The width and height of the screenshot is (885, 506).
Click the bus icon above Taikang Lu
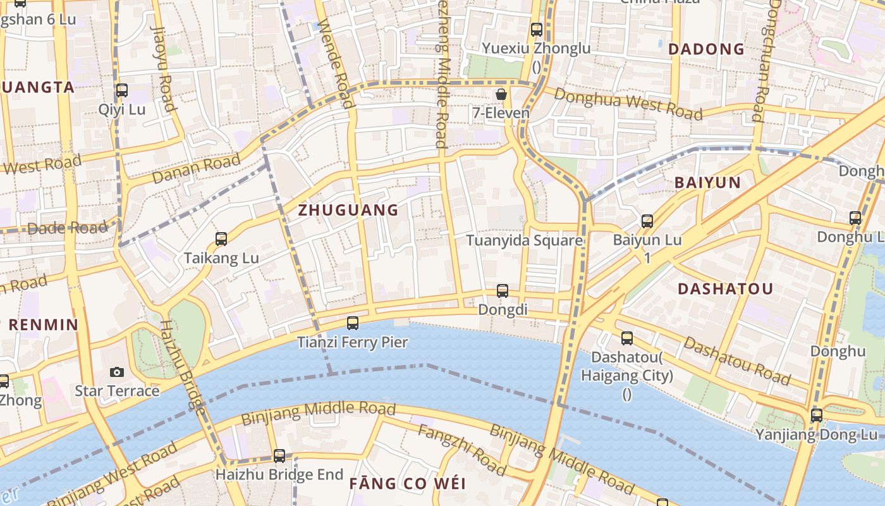[x=221, y=239]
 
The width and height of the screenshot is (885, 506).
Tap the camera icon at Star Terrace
[x=117, y=372]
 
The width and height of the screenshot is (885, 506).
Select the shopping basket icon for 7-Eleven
[x=501, y=95]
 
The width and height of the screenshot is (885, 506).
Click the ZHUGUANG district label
[x=348, y=210]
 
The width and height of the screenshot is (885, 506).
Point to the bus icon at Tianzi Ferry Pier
[x=353, y=323]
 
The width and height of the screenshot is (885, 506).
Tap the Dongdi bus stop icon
[x=503, y=291]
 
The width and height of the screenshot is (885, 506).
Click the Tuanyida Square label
[x=524, y=241]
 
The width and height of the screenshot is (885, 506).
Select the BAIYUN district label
[x=707, y=183]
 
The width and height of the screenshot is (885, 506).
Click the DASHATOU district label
[x=725, y=289]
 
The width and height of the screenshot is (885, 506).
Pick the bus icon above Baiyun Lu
[x=647, y=221]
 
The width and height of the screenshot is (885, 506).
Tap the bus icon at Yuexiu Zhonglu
[x=537, y=29]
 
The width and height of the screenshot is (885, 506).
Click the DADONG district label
[x=706, y=49]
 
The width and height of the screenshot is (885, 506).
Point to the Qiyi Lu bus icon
[x=122, y=90]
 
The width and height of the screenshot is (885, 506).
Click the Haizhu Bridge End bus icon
[x=279, y=455]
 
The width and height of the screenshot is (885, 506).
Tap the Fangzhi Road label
[x=462, y=450]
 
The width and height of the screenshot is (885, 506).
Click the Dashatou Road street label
[x=737, y=361]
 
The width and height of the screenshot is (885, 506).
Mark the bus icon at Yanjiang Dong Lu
[x=817, y=416]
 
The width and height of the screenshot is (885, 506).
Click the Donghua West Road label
[x=628, y=103]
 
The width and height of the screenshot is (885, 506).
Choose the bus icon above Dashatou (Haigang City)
[x=627, y=338]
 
